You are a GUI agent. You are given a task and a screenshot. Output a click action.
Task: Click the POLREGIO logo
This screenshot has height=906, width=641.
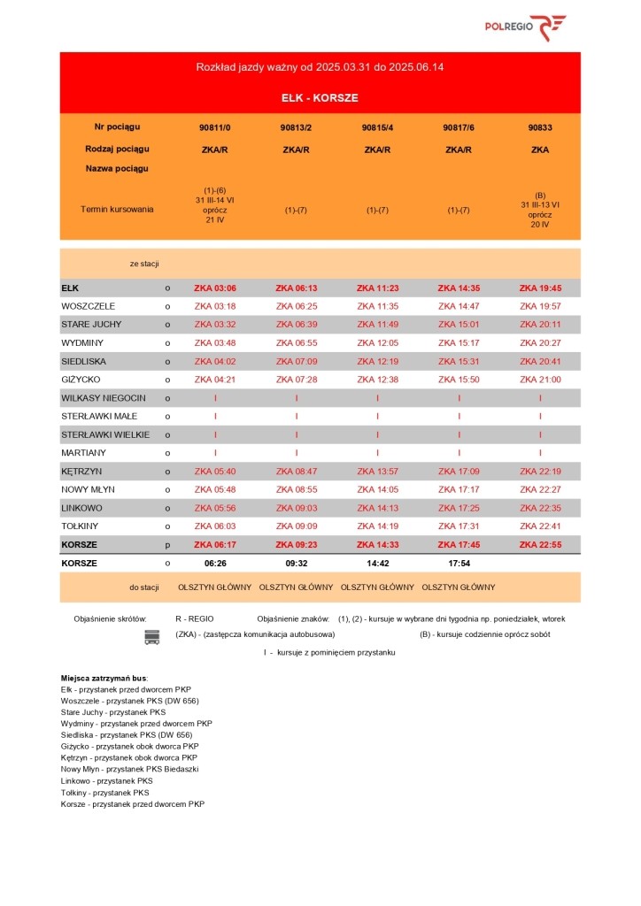525,27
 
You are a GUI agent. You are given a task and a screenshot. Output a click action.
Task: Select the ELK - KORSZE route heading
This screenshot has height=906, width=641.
320,97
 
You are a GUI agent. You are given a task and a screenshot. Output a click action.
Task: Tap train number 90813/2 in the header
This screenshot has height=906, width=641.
296,127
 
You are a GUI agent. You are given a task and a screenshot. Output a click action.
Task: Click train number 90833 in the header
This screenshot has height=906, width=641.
539,127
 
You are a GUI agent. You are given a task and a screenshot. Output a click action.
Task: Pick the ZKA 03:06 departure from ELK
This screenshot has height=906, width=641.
214,288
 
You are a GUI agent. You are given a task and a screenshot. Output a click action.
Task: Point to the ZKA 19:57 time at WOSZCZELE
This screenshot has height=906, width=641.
539,306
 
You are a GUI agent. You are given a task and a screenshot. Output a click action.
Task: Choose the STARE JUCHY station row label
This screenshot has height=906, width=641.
91,325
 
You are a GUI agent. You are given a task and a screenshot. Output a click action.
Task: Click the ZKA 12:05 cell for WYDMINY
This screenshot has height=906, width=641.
377,343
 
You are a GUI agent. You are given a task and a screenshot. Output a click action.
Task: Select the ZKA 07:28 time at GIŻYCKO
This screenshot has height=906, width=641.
296,380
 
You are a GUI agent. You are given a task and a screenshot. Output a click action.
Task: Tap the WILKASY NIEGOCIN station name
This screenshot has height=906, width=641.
104,398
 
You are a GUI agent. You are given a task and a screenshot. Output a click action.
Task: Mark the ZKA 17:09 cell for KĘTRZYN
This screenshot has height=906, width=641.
458,472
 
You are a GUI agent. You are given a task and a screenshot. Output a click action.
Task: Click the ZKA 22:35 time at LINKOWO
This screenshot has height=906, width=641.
539,508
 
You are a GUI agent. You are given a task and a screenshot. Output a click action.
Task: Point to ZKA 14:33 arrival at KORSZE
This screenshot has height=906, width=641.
377,545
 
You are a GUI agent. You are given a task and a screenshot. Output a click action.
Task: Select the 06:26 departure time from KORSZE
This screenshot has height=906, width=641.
215,563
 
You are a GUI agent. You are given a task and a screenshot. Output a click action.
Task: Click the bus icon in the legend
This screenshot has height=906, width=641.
151,637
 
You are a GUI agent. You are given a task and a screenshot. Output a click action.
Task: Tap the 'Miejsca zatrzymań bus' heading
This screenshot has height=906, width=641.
104,677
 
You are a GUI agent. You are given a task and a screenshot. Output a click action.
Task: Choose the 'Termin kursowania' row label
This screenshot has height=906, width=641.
117,210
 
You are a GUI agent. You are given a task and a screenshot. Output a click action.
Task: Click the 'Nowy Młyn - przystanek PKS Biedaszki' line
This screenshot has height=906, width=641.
129,770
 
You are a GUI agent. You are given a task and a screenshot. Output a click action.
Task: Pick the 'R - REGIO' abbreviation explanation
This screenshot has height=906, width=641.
195,618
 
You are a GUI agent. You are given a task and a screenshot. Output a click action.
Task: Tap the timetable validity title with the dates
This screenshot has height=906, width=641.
320,67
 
